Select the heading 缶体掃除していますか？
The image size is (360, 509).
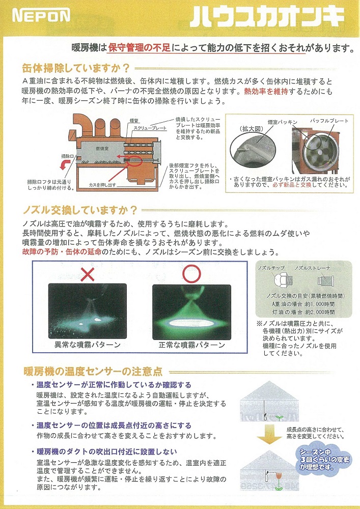click(76, 68)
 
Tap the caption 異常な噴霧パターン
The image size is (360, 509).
click(88, 345)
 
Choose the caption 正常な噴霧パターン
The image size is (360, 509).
click(191, 345)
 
